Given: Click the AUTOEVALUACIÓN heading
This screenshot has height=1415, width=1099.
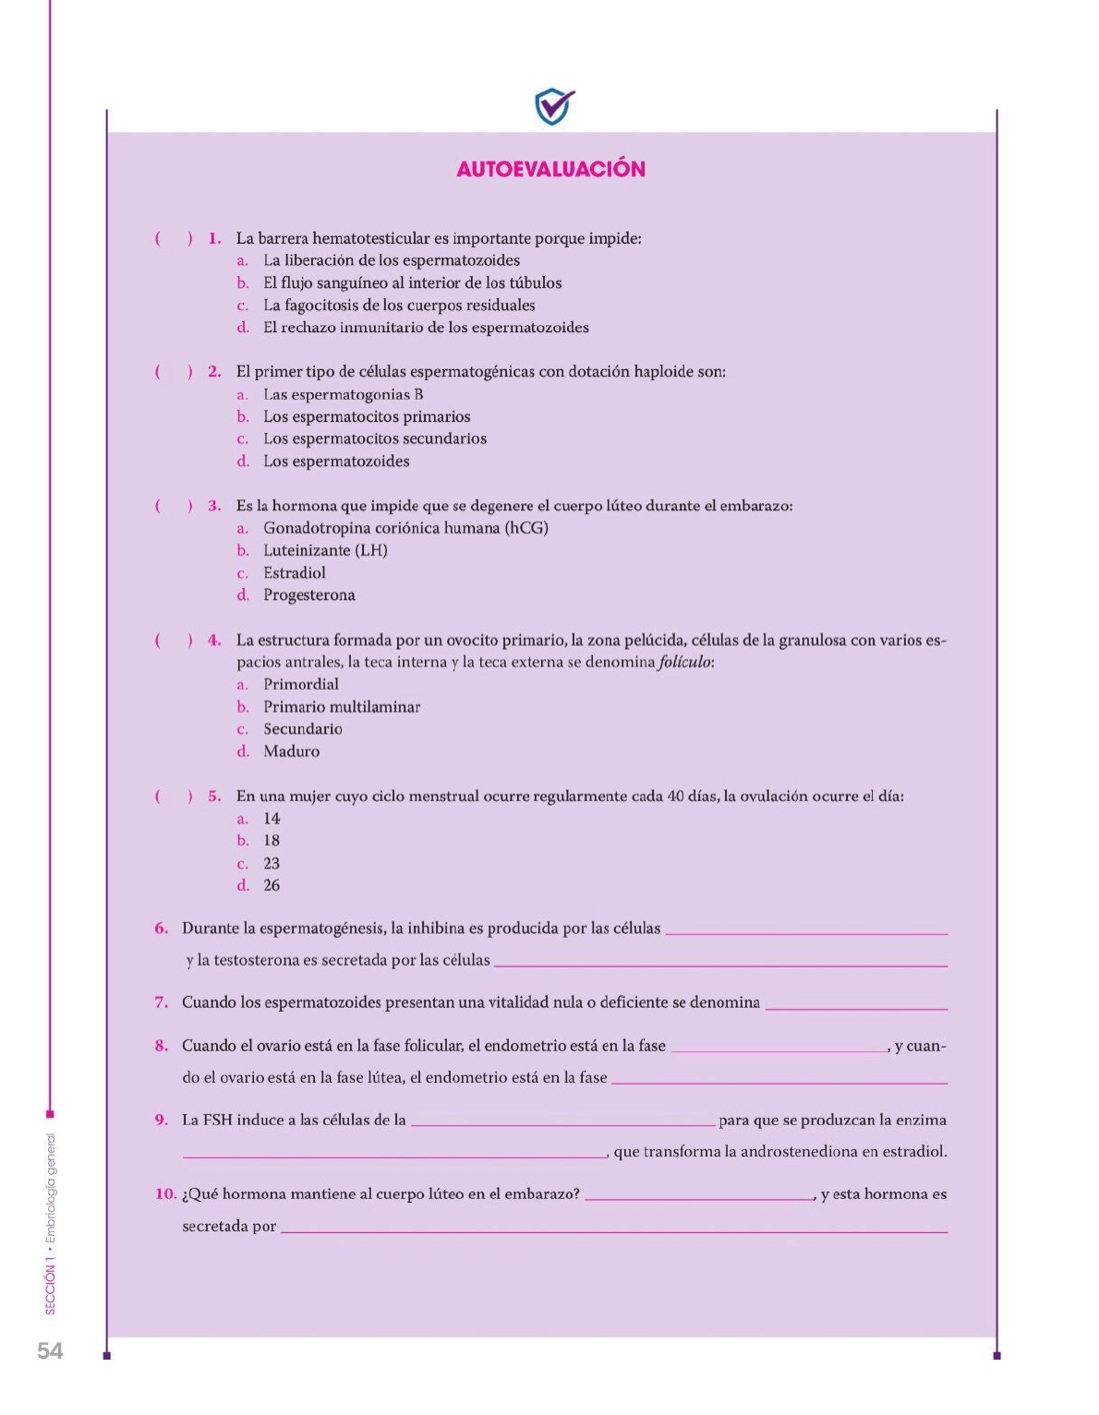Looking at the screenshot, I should (550, 169).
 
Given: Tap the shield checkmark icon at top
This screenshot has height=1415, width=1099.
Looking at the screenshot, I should (554, 106).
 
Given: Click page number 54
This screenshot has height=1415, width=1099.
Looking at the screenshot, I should (50, 1350).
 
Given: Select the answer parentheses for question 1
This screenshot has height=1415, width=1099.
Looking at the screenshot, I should (174, 238).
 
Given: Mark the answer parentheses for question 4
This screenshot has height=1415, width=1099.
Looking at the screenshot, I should (174, 640).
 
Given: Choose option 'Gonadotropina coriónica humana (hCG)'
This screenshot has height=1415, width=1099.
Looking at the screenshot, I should (405, 528).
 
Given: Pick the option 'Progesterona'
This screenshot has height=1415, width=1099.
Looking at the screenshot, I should (308, 595).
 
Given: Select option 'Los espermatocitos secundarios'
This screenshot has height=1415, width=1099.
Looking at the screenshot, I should (374, 439).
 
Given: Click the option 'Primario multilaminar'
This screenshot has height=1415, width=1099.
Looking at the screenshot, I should (341, 707).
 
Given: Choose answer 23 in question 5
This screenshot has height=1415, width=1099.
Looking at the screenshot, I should (271, 864).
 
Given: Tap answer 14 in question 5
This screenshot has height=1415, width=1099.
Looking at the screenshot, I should (271, 819).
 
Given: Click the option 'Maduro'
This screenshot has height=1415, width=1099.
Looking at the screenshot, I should (291, 751).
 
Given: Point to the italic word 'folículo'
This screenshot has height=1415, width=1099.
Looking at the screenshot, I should (684, 662).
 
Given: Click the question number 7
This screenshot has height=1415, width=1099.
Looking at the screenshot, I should (162, 1002).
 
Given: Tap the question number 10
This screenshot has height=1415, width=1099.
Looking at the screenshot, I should (165, 1194).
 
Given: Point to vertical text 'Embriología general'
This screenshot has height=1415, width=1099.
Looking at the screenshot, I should (51, 1186).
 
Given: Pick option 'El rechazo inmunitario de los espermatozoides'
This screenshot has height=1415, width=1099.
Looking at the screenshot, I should (426, 328).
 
